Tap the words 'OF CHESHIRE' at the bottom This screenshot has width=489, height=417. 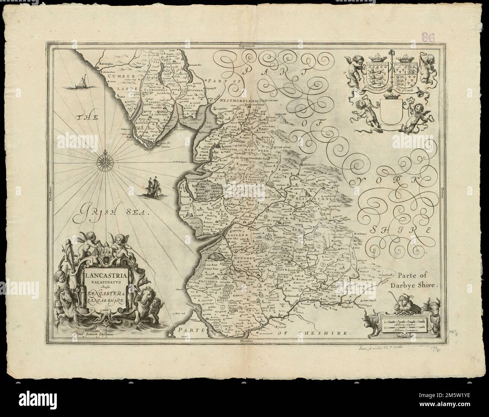[322, 333]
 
